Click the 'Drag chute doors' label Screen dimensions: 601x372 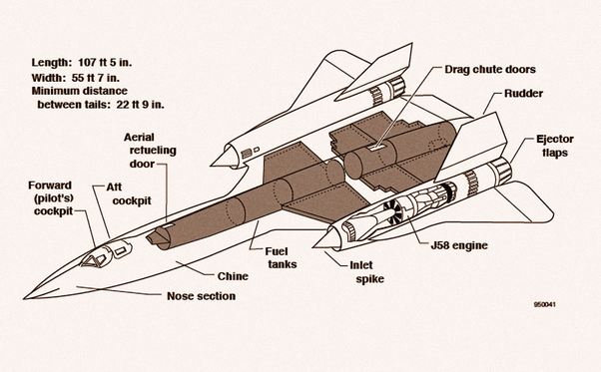pyautogui.click(x=490, y=69)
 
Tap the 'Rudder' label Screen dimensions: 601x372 pyautogui.click(x=523, y=94)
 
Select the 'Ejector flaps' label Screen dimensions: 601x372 pyautogui.click(x=555, y=146)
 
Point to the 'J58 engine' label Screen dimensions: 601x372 pyautogui.click(x=459, y=245)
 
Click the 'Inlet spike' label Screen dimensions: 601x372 pyautogui.click(x=366, y=271)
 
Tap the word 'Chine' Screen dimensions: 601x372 pyautogui.click(x=233, y=276)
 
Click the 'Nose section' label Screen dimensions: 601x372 pyautogui.click(x=202, y=296)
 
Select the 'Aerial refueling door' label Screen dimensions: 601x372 pyautogui.click(x=151, y=151)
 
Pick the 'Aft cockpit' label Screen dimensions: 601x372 pyautogui.click(x=129, y=193)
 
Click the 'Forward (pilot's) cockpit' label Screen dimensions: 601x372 pyautogui.click(x=51, y=198)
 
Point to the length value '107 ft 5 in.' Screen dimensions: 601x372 pyautogui.click(x=105, y=63)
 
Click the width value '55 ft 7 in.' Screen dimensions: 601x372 pyautogui.click(x=96, y=78)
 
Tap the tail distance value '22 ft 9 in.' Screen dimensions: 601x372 pyautogui.click(x=140, y=104)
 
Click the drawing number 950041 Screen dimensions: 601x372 pyautogui.click(x=545, y=304)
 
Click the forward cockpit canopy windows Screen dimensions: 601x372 pyautogui.click(x=94, y=259)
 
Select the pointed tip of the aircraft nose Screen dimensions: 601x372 pyautogui.click(x=24, y=298)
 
